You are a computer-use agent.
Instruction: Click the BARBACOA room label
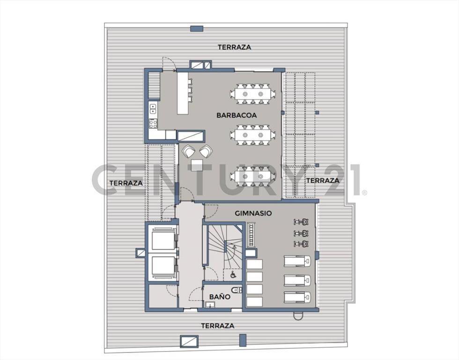click(237, 115)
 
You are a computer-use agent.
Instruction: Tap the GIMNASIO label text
click(253, 213)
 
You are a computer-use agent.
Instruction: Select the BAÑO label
click(220, 297)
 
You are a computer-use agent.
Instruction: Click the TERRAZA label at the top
click(234, 47)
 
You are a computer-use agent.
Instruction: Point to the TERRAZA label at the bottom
click(218, 325)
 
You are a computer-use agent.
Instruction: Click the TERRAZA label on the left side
click(126, 183)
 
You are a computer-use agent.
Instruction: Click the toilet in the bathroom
click(237, 290)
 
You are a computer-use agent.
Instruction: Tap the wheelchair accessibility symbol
click(233, 275)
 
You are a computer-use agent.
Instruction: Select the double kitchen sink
click(153, 109)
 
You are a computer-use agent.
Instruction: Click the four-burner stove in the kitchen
click(153, 123)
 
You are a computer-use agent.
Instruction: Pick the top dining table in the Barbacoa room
click(252, 94)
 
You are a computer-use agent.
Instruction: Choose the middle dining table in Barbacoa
click(252, 135)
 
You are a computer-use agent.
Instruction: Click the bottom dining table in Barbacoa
click(252, 176)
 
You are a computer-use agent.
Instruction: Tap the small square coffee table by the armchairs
click(196, 165)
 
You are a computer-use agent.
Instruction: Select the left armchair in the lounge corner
click(188, 152)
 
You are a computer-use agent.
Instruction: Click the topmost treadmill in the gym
click(297, 261)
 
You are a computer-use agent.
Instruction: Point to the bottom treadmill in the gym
click(297, 297)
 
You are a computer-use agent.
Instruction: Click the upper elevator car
click(163, 240)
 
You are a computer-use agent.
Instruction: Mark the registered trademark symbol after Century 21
click(364, 193)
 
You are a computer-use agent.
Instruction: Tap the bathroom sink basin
click(210, 305)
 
